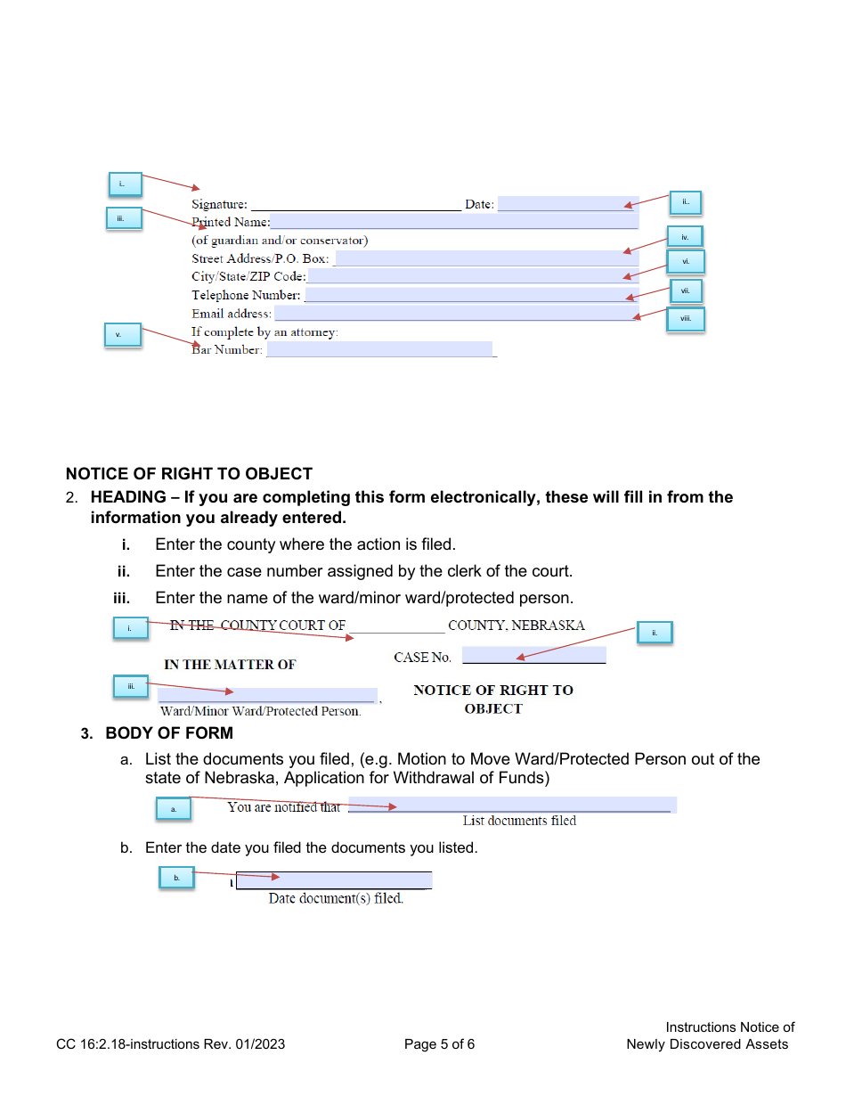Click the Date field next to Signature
567,204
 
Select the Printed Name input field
454,222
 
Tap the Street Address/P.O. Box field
486,258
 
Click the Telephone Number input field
471,295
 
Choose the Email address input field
456,314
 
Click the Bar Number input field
379,350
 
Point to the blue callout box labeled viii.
686,319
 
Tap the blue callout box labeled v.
123,335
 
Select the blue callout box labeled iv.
685,237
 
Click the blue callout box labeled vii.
685,290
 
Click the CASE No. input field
533,656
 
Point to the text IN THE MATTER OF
230,665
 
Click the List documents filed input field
512,806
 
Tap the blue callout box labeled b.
176,878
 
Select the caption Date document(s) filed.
336,899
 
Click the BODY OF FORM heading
169,733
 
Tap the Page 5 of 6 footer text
439,1044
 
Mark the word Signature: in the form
219,205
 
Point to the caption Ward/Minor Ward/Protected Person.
260,712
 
